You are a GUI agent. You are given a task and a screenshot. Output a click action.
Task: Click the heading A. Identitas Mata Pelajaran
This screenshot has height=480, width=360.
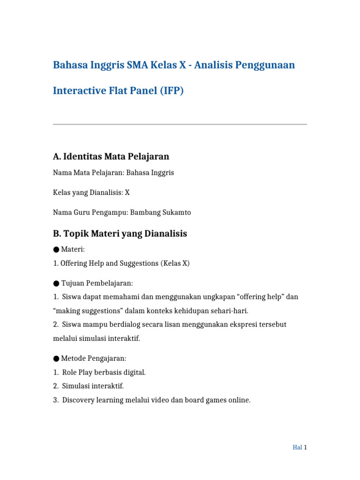point(111,156)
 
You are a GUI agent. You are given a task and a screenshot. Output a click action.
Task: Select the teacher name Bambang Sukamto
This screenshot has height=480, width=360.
point(160,212)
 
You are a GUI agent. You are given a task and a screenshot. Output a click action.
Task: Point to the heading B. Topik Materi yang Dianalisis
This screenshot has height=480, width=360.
point(120,233)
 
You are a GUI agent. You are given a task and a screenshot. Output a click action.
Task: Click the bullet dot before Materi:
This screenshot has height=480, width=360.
point(56,250)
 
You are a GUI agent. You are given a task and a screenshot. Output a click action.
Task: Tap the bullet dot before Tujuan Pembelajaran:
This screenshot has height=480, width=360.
point(56,283)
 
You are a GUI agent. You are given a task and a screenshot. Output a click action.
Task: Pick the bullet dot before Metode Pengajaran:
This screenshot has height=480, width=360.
point(56,359)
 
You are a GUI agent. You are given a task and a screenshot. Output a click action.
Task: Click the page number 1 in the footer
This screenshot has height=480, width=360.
point(305,447)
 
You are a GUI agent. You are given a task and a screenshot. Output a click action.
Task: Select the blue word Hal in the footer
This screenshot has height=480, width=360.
point(297,447)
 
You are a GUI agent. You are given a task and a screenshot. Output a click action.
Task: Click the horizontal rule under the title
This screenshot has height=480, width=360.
point(180,124)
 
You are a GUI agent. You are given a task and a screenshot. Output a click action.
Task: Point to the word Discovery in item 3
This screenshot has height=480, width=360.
point(77,400)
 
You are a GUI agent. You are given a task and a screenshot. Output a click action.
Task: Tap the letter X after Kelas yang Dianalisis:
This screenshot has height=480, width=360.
point(127,192)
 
